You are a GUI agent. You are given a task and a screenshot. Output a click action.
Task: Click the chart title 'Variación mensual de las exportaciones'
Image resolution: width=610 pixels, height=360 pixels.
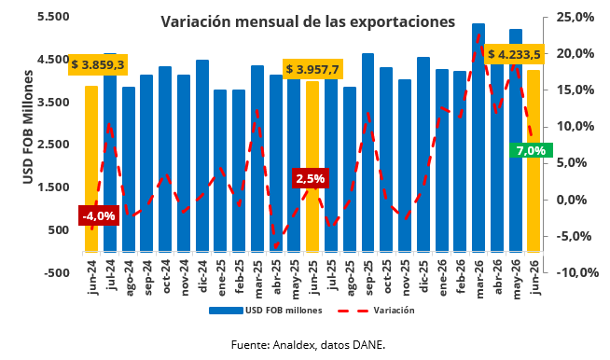pos(308,21)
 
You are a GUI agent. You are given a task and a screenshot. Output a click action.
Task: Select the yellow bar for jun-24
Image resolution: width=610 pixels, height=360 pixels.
pos(91,169)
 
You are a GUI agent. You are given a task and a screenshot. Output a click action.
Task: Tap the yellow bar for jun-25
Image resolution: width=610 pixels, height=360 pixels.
pos(312,167)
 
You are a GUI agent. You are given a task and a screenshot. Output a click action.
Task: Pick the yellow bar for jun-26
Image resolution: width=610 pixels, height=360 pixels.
pos(534,160)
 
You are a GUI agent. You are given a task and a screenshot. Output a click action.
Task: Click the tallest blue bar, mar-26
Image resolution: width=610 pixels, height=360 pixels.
pos(478,137)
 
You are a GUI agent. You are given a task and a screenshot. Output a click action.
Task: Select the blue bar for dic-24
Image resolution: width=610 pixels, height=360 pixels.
pos(201,156)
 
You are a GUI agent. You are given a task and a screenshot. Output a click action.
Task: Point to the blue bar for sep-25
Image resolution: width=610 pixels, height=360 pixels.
pos(367,153)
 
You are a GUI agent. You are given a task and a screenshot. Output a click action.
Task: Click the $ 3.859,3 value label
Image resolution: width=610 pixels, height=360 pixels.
pos(98,64)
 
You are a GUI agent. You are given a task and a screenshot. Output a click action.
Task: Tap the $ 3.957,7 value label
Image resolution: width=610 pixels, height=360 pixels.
pos(312,69)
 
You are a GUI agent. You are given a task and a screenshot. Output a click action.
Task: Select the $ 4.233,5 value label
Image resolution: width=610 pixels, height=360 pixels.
pos(514,54)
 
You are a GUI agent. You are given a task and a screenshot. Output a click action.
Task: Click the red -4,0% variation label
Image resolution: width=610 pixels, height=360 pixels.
pos(99,215)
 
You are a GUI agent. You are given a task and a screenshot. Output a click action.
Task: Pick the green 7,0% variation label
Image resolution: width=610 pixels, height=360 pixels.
pos(531,150)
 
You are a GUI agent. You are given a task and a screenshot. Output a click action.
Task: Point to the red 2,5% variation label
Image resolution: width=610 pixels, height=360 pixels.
pos(311,178)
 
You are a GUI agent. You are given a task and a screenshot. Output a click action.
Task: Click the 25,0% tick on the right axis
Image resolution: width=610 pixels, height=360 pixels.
pos(575,18)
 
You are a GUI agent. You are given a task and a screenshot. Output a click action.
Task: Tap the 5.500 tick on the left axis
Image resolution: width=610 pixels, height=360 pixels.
pos(53,17)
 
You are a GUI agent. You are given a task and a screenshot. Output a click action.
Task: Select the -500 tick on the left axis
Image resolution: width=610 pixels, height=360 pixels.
pos(56,272)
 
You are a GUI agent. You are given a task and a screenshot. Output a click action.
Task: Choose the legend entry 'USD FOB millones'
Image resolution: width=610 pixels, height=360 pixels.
pos(266,311)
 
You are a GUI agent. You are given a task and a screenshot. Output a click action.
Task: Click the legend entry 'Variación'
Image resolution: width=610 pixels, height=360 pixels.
pos(376,311)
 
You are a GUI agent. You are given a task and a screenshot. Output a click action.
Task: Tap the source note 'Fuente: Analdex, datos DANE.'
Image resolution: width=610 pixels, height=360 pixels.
pos(308,345)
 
